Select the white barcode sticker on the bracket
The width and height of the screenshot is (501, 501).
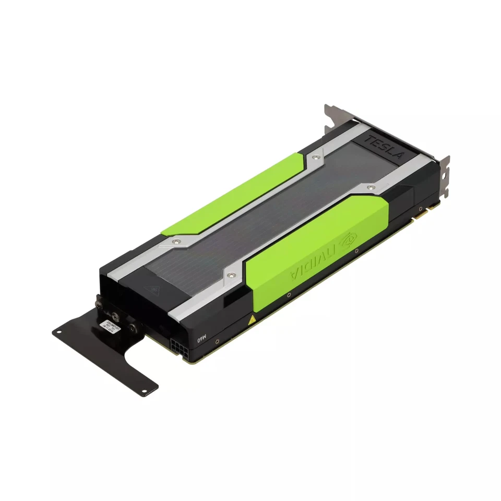(x=110, y=325)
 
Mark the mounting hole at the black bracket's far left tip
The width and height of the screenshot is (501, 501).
(x=57, y=332)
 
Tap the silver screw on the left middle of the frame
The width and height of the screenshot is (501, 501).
(x=176, y=241)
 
